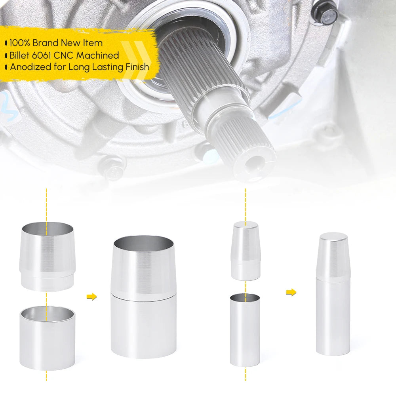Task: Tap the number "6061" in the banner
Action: tap(42, 55)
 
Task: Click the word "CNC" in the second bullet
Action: tap(64, 55)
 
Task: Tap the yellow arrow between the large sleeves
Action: tap(92, 297)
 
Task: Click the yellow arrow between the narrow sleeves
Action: tap(291, 292)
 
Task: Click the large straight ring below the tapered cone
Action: tap(47, 338)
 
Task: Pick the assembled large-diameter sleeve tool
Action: tap(143, 297)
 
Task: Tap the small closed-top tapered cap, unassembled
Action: tap(246, 251)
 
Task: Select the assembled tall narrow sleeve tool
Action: tap(333, 294)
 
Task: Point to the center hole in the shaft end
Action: tap(255, 161)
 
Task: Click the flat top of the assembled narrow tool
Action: tap(333, 237)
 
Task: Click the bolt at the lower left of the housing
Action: tap(112, 169)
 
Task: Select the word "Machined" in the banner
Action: tap(98, 55)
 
